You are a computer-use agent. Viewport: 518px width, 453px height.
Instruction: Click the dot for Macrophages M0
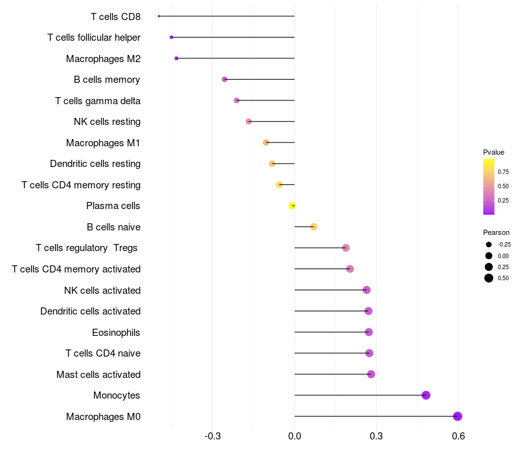click(x=458, y=416)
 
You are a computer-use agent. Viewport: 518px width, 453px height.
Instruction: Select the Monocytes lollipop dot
click(x=426, y=395)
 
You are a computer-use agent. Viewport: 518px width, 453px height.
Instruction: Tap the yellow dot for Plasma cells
click(x=292, y=206)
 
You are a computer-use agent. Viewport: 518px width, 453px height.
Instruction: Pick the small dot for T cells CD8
click(x=159, y=16)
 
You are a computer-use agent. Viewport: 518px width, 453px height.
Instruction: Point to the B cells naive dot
click(x=314, y=227)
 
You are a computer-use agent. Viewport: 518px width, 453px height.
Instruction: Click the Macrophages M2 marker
click(x=176, y=58)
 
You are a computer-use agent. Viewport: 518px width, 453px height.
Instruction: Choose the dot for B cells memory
click(x=225, y=79)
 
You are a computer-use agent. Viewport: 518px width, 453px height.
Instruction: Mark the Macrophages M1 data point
click(x=266, y=142)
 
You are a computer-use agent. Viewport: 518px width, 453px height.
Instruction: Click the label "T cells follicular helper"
click(x=94, y=38)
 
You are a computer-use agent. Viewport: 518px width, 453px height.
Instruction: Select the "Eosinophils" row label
click(x=116, y=333)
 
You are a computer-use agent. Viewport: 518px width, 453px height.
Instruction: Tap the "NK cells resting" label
click(x=107, y=122)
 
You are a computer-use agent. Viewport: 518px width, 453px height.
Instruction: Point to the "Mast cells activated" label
click(x=98, y=375)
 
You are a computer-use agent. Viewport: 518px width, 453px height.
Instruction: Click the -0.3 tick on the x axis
click(x=213, y=436)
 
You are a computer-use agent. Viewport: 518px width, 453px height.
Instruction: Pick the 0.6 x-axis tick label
click(x=458, y=436)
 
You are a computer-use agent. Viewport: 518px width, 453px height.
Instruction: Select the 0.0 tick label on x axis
click(x=295, y=436)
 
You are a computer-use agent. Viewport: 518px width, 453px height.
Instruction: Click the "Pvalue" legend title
click(x=493, y=152)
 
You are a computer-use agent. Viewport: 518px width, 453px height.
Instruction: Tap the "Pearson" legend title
click(x=496, y=232)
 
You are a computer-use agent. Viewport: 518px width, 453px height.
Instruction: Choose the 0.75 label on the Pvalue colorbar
click(x=503, y=172)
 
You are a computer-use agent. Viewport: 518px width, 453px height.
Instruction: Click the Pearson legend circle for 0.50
click(x=489, y=278)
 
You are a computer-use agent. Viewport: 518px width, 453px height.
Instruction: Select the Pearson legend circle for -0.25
click(x=489, y=245)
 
